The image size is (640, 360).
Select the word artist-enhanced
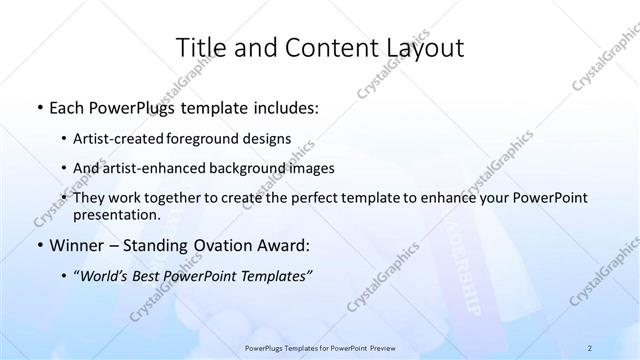[152, 168]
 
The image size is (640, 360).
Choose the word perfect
[302, 199]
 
